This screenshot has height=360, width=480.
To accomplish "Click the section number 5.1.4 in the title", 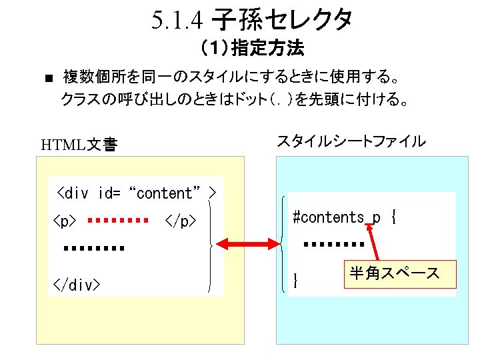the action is click(177, 22).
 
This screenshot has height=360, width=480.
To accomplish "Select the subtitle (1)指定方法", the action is click(252, 49).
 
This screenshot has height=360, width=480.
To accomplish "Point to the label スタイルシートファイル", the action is click(351, 141).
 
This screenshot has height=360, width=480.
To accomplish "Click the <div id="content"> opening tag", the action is click(137, 193).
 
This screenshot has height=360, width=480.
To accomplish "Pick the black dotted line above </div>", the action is click(95, 249).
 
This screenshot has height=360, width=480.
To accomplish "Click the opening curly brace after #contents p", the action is click(393, 217).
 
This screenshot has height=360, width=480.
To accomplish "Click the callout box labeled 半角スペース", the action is click(394, 273).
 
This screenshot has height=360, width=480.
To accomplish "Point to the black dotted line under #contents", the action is click(334, 245).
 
